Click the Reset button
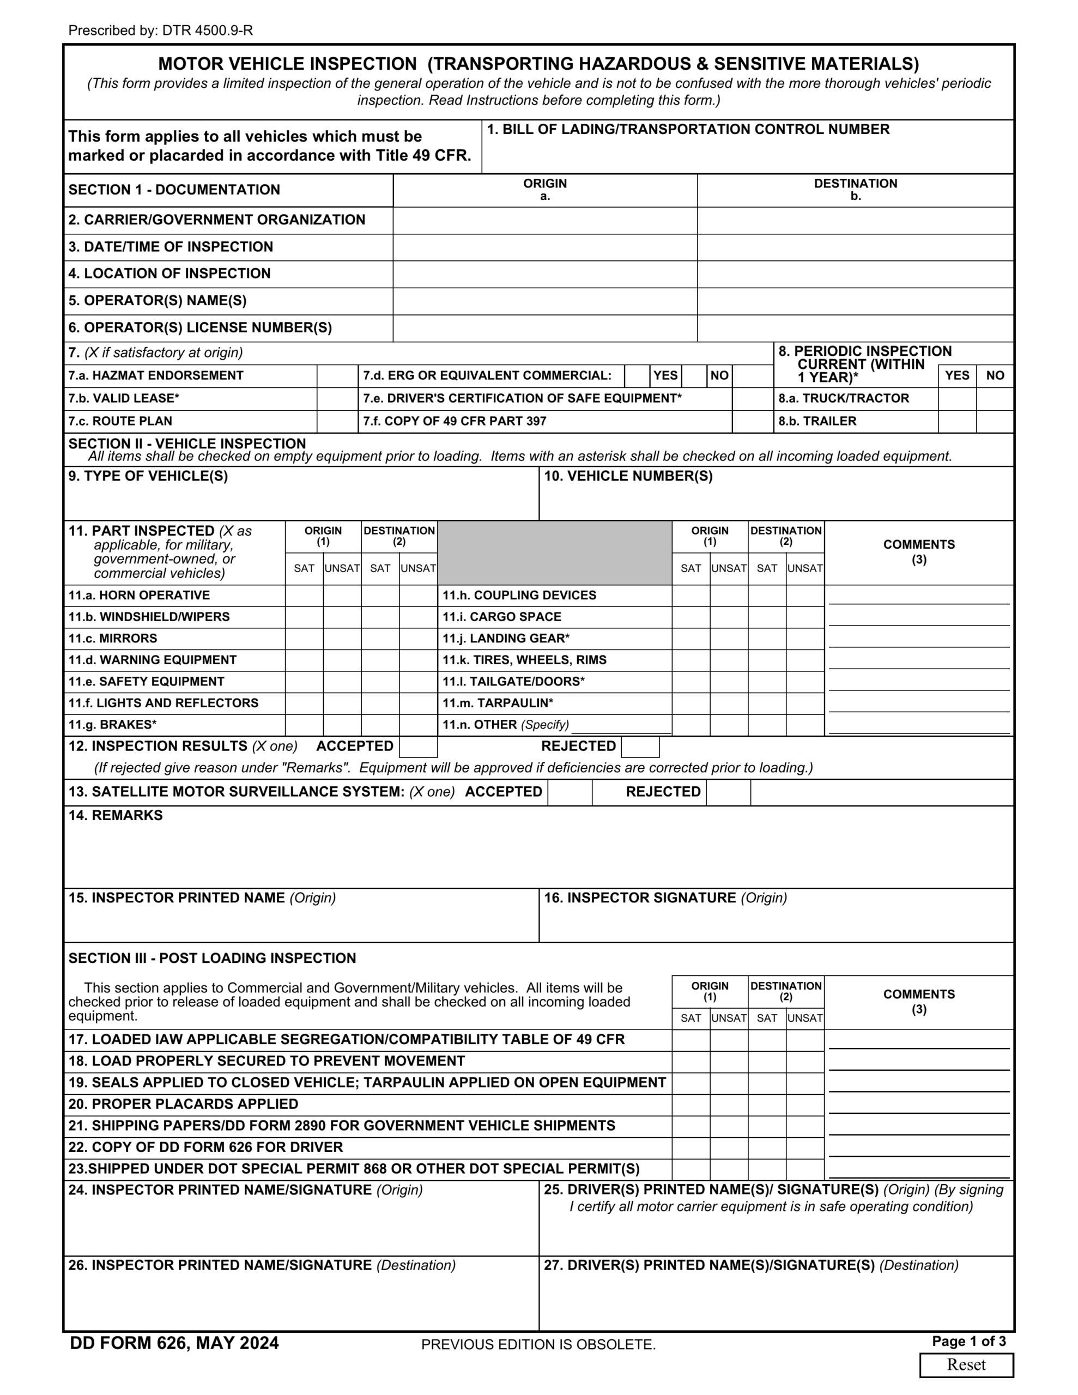click(x=966, y=1364)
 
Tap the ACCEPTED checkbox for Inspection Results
click(x=418, y=747)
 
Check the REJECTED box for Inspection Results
click(x=640, y=747)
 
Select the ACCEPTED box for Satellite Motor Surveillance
click(x=570, y=792)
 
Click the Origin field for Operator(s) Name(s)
click(x=544, y=301)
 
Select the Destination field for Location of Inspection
click(x=855, y=274)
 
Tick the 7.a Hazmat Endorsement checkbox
click(x=337, y=375)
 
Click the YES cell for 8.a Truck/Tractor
click(x=956, y=398)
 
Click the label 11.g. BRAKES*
click(x=112, y=724)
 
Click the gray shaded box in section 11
click(x=554, y=553)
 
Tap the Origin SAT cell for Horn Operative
click(x=304, y=595)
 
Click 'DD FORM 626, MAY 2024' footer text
click(x=174, y=1343)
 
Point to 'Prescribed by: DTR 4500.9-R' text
click(x=160, y=30)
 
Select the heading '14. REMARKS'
click(x=116, y=816)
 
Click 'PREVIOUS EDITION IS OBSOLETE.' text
click(x=538, y=1344)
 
